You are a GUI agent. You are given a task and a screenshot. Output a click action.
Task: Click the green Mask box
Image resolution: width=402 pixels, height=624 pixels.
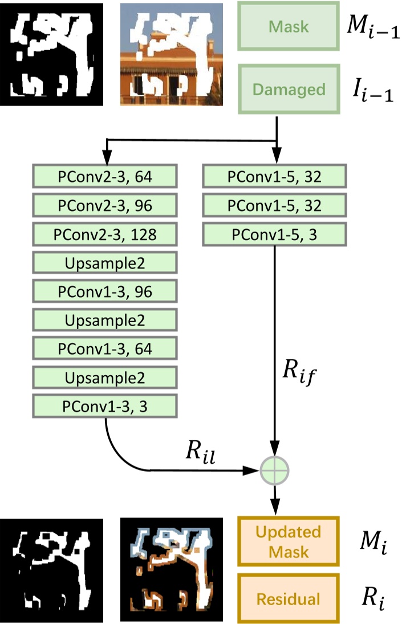(x=289, y=26)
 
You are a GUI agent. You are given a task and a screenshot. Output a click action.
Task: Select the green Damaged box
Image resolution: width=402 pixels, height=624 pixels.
(x=289, y=90)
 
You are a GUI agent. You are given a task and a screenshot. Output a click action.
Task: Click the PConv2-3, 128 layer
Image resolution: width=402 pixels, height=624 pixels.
(x=105, y=234)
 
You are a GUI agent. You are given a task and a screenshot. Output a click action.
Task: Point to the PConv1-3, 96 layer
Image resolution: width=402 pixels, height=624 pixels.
(x=105, y=291)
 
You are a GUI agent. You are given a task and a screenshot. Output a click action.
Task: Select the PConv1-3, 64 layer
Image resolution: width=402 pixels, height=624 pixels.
(x=105, y=349)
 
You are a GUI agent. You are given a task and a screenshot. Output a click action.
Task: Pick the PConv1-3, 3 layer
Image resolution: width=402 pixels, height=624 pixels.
(x=105, y=406)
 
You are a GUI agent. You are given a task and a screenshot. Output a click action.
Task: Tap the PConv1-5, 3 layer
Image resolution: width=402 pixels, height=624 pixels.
(x=274, y=234)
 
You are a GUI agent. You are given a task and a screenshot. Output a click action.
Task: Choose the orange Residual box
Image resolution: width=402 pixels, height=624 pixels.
(x=289, y=599)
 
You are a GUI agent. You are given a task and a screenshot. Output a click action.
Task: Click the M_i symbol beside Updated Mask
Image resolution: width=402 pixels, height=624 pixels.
(x=371, y=541)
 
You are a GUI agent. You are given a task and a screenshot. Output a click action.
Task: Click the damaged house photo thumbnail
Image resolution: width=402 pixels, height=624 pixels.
(x=171, y=54)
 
